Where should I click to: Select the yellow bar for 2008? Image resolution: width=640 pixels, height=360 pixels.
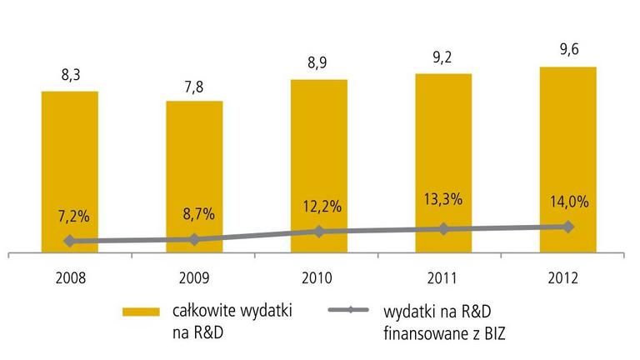point(70,167)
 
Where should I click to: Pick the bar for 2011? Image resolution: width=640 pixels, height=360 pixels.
point(443,158)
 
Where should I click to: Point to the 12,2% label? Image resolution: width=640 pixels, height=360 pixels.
point(319,204)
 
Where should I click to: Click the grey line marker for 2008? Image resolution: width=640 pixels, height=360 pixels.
point(70,241)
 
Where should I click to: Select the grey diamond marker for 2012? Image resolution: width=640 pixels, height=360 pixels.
point(568,226)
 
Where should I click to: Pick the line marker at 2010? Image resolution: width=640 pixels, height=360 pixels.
point(319,231)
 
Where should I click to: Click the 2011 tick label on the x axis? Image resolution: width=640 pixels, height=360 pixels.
point(443,278)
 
